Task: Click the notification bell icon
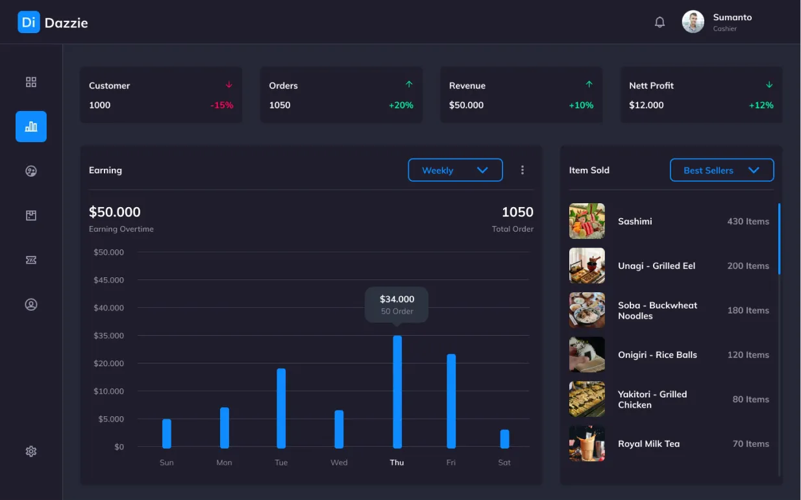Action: [659, 22]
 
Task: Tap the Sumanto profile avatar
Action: [693, 22]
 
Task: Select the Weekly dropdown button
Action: [455, 170]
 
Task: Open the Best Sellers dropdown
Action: [722, 170]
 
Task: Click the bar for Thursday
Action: [397, 392]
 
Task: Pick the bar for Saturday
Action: [504, 439]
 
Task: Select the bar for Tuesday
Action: [281, 408]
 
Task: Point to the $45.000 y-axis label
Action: [108, 280]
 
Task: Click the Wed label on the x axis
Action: [339, 462]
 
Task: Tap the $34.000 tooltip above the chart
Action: [397, 305]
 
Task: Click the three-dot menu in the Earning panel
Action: [523, 170]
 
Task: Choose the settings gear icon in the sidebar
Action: [31, 451]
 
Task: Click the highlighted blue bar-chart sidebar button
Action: [31, 127]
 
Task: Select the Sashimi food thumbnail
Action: [587, 221]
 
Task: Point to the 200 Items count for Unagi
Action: [748, 266]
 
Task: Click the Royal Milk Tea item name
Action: [648, 444]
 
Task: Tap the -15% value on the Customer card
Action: [222, 105]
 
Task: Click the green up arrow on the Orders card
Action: [409, 84]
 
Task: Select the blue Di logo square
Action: [29, 22]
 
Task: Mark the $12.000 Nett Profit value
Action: [646, 105]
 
